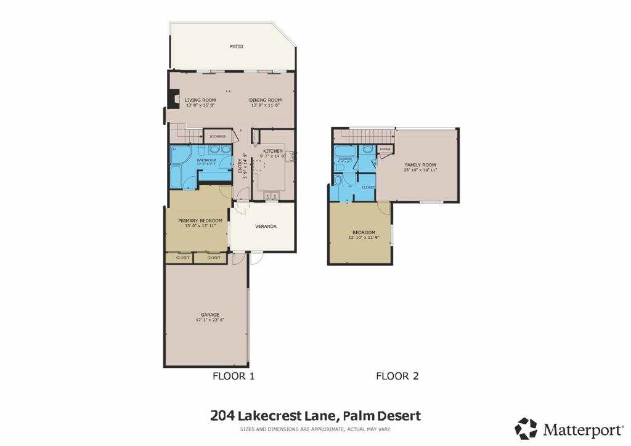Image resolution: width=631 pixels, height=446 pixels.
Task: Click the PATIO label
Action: pyautogui.click(x=237, y=46)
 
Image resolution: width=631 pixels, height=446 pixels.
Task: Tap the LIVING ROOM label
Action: pyautogui.click(x=201, y=100)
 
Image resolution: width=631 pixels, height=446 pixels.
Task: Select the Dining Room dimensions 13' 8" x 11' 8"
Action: pyautogui.click(x=266, y=105)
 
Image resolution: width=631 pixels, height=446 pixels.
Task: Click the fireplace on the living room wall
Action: pyautogui.click(x=173, y=99)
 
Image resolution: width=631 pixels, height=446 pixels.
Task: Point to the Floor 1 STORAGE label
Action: pyautogui.click(x=218, y=136)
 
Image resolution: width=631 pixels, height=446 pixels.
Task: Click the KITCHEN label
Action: pyautogui.click(x=273, y=151)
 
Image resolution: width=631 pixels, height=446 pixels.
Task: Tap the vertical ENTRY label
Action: pyautogui.click(x=240, y=166)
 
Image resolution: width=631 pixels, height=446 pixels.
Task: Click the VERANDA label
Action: pyautogui.click(x=266, y=226)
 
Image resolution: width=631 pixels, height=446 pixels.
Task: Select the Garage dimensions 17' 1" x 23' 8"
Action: pyautogui.click(x=210, y=320)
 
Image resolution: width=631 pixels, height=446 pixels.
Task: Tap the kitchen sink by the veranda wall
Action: pyautogui.click(x=272, y=196)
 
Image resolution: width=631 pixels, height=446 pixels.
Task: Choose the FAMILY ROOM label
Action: pyautogui.click(x=420, y=165)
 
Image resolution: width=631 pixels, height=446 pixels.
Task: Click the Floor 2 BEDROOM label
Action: pyautogui.click(x=364, y=232)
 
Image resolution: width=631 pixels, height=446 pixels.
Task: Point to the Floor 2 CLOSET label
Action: pyautogui.click(x=368, y=187)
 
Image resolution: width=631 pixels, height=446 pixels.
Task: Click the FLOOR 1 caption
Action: pyautogui.click(x=234, y=376)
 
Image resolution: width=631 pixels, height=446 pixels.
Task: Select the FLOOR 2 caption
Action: pyautogui.click(x=397, y=376)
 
